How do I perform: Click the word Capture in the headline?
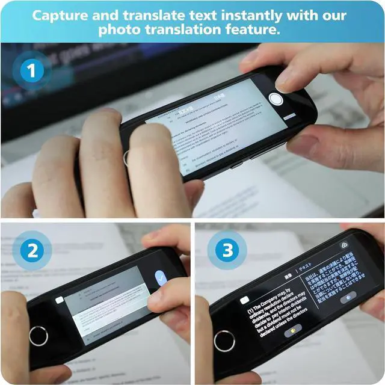[x=60, y=15]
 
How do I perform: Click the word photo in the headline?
[x=121, y=29]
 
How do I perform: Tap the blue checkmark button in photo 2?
[x=161, y=278]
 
